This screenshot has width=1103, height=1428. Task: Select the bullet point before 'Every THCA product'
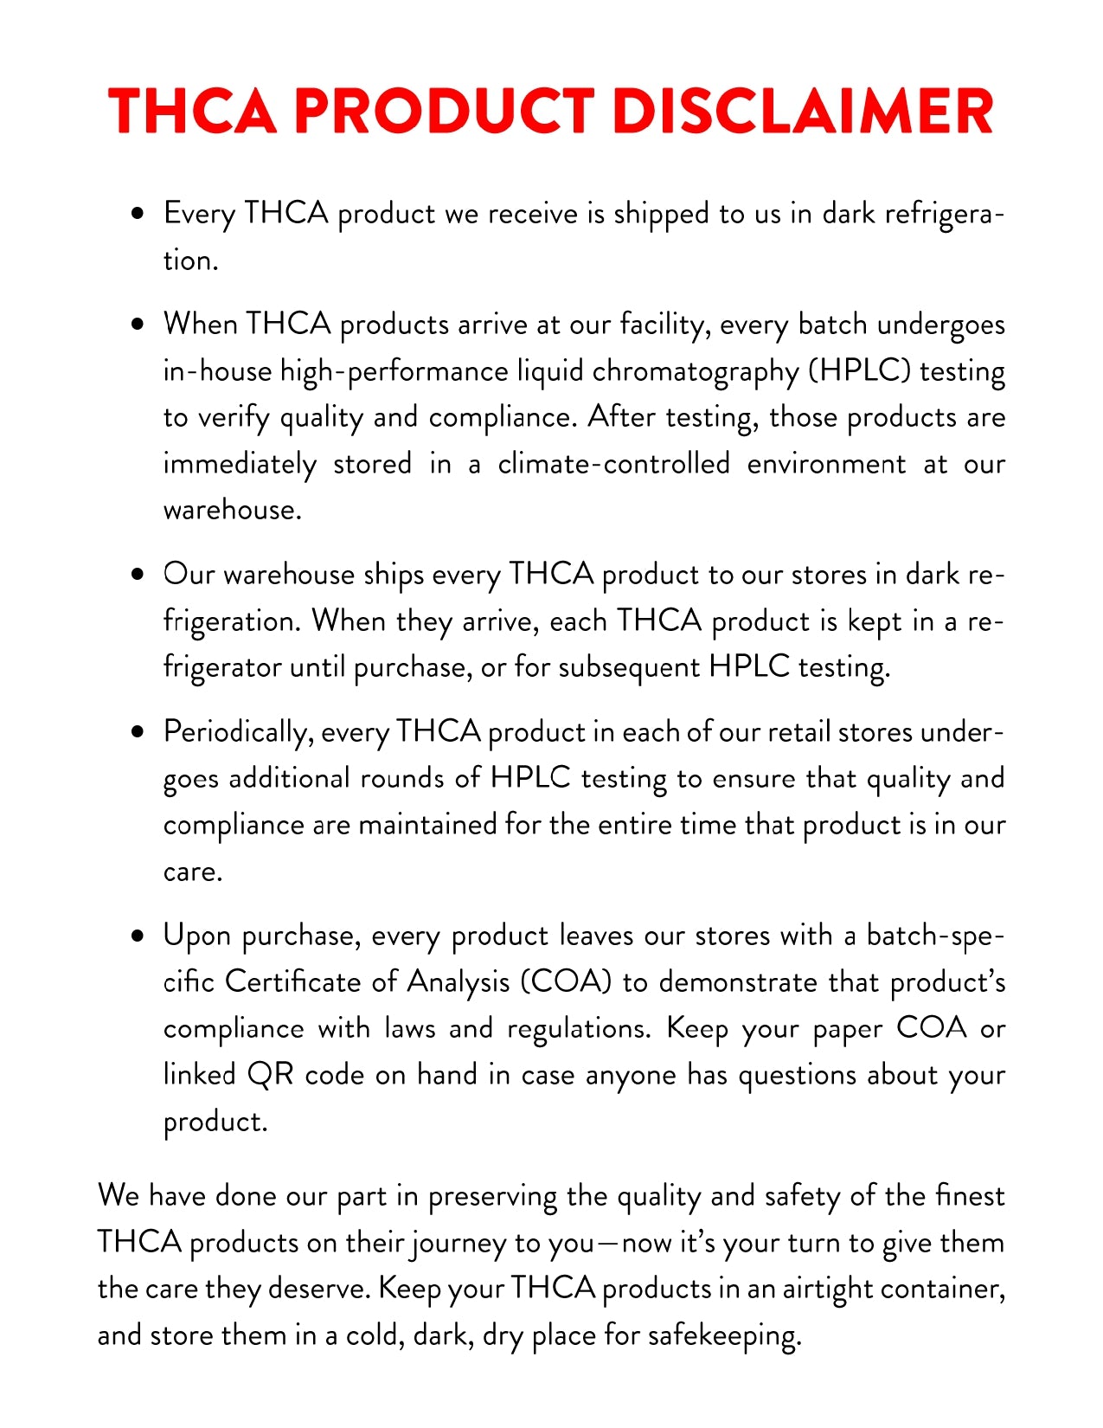pyautogui.click(x=138, y=213)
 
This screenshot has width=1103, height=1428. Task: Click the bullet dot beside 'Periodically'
pyautogui.click(x=138, y=732)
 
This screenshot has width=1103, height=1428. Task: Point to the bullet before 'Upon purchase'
pyautogui.click(x=138, y=936)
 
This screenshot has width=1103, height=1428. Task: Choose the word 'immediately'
pyautogui.click(x=240, y=465)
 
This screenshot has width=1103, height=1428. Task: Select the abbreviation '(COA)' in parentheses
pyautogui.click(x=566, y=982)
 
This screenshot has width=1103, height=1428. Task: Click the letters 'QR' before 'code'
pyautogui.click(x=271, y=1075)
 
